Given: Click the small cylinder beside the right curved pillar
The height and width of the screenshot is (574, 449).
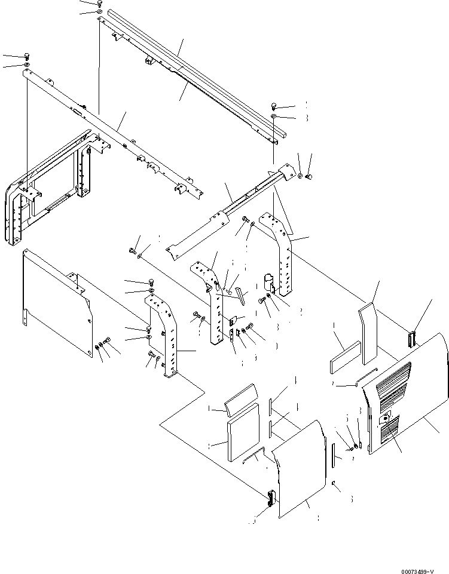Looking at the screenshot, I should click(x=269, y=282).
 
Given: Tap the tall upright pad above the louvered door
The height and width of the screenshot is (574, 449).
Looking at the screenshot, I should click(x=367, y=335).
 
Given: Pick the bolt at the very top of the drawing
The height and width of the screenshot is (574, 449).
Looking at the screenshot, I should click(x=99, y=4).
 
